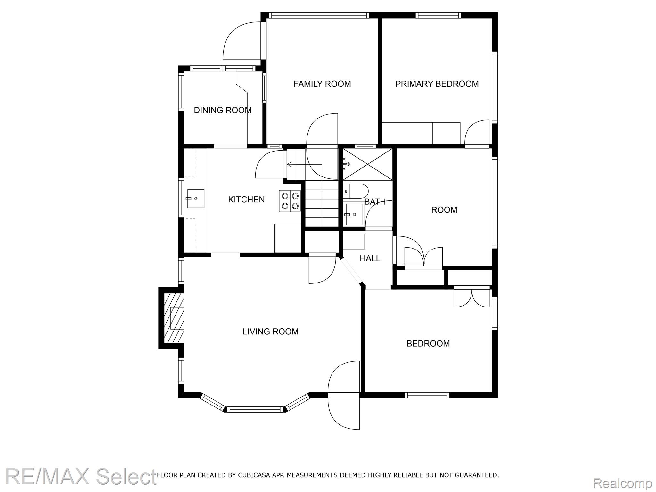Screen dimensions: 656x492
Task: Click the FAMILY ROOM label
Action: [x=322, y=84]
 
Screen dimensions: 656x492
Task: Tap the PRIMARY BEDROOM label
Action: [x=437, y=84]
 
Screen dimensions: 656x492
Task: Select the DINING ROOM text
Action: [x=223, y=110]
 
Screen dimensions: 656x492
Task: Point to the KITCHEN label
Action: [x=246, y=200]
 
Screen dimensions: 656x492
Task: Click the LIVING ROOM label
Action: [x=271, y=332]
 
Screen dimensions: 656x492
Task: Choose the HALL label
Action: [x=370, y=258]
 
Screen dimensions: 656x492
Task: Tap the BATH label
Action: [x=375, y=202]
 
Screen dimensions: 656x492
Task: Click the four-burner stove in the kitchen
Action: [x=290, y=201]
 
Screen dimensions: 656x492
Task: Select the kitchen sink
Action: [x=195, y=199]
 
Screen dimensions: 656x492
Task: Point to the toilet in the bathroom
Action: [x=356, y=191]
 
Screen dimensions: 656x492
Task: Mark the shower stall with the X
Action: [x=367, y=164]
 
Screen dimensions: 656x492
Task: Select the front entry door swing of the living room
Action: [x=344, y=395]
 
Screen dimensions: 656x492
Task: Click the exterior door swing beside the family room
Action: [x=242, y=41]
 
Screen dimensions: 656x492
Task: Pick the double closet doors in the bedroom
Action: [x=472, y=298]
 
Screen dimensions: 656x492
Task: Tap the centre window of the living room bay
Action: [x=255, y=409]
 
